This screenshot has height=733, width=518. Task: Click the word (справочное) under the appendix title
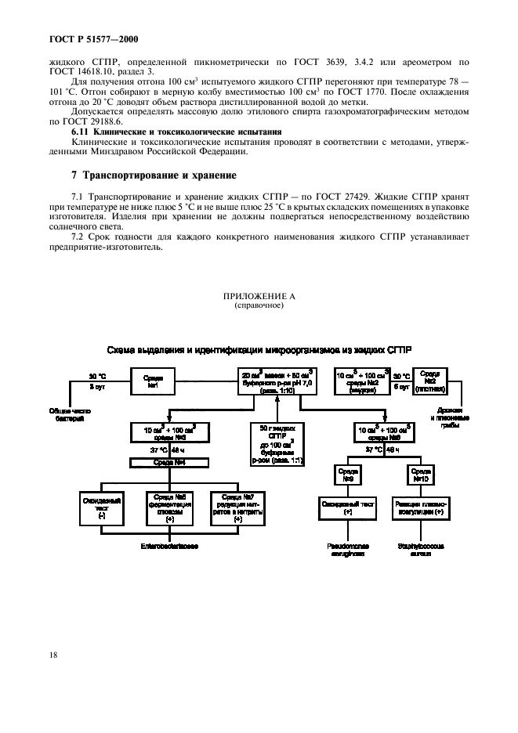[x=259, y=306]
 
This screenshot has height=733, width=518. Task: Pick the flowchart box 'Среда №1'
[x=154, y=381]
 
